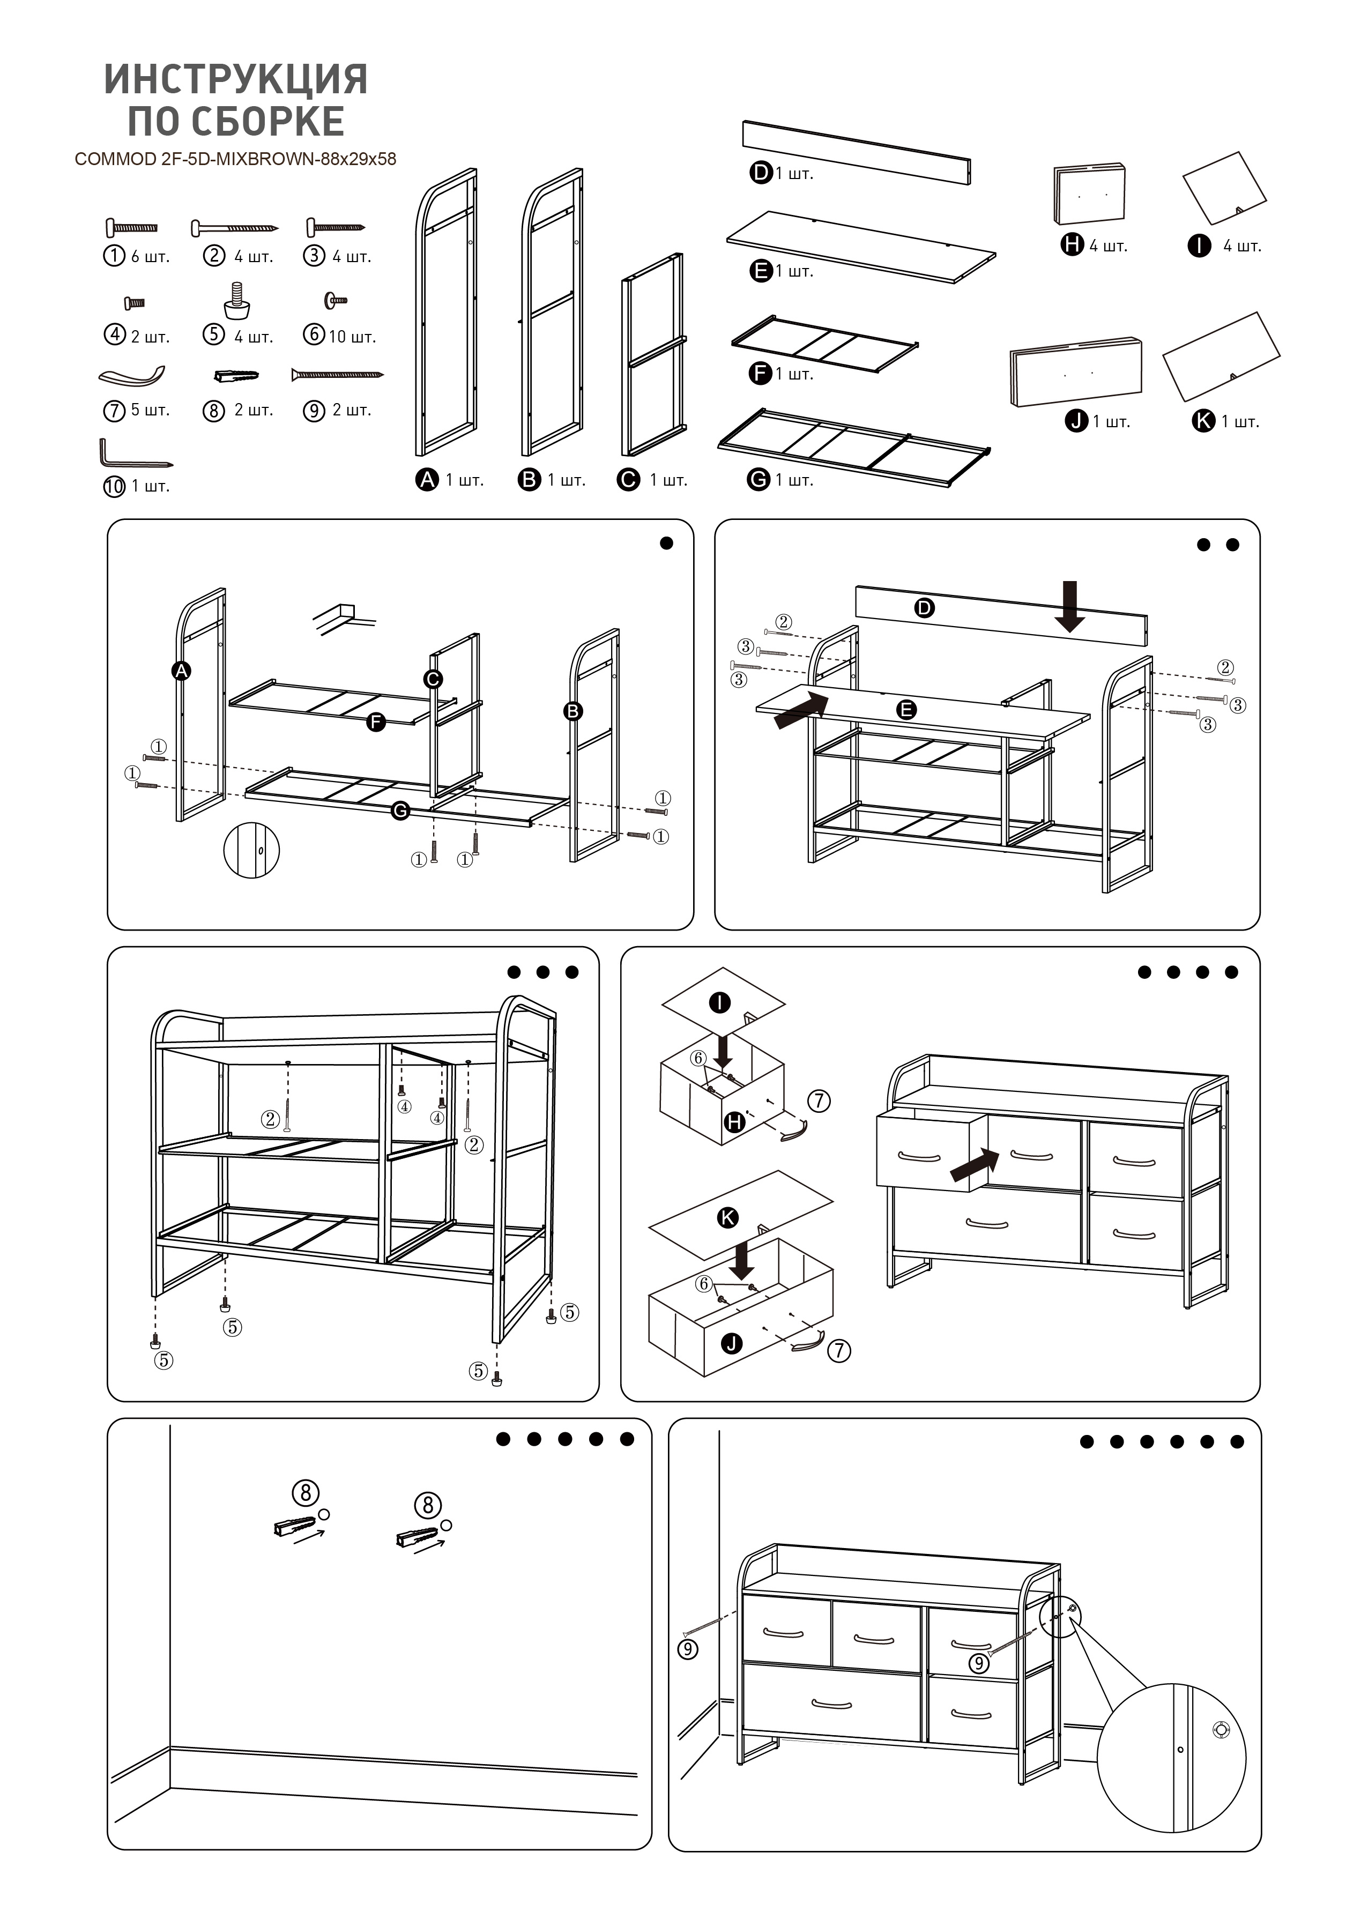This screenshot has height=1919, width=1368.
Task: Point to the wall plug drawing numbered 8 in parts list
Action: pos(236,375)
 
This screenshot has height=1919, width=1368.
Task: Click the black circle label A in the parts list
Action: pos(428,480)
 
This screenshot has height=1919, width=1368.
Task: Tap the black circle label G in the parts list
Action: pos(759,480)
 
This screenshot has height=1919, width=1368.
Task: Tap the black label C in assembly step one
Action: pos(433,679)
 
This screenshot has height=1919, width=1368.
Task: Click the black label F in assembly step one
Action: pos(376,722)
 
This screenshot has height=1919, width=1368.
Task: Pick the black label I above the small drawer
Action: pos(720,1002)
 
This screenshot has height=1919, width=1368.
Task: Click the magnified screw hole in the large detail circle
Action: pos(1220,1730)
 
